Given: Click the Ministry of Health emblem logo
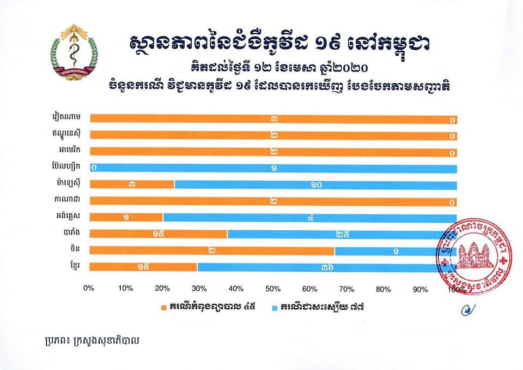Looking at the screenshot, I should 74,52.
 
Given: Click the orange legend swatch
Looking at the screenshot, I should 163,307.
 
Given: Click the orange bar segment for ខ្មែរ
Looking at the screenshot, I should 143,267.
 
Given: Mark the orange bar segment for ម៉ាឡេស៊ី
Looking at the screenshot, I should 132,184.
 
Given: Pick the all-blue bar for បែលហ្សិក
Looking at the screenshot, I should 273,168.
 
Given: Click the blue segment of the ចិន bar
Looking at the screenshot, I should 387,250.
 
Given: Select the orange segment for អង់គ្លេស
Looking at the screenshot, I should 126,217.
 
